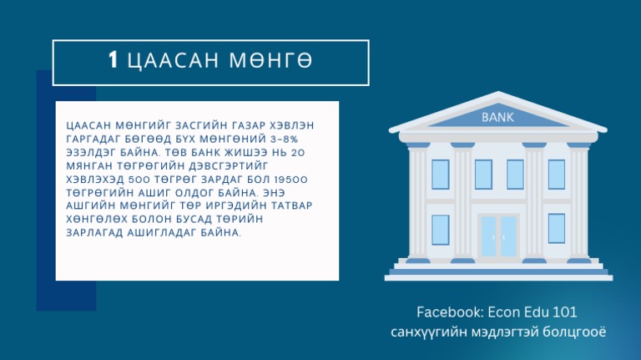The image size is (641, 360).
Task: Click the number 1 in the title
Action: coord(114,60)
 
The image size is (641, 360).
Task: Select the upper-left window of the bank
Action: coord(440,173)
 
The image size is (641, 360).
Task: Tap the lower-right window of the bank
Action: coord(556,229)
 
